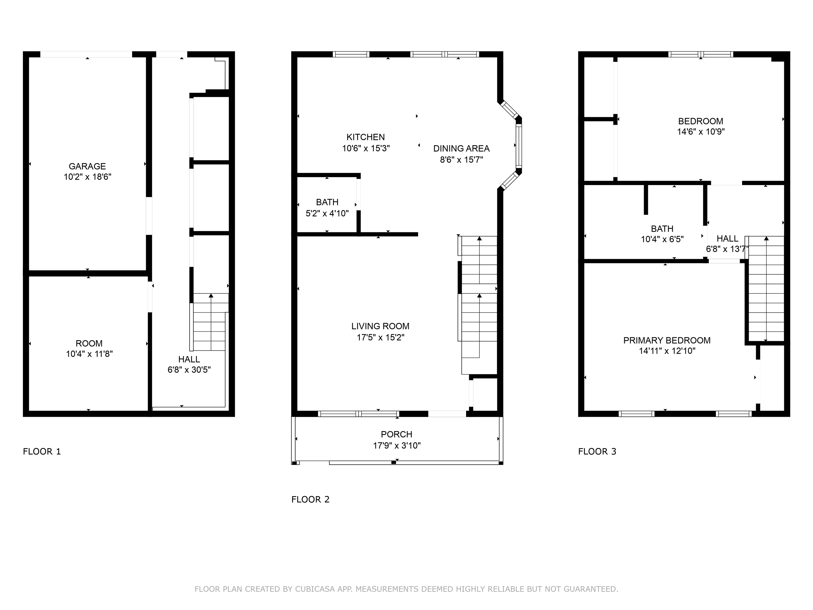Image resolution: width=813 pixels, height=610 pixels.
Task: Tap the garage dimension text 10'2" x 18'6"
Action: point(88,177)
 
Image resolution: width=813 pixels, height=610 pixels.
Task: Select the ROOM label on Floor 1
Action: point(89,343)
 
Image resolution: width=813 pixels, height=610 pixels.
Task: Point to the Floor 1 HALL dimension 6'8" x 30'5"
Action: point(189,370)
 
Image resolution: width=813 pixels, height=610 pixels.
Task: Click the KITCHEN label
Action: point(366,137)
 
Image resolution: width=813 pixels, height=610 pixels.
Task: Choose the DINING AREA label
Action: point(461,149)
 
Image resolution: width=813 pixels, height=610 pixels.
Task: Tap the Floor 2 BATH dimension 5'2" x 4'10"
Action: point(327,213)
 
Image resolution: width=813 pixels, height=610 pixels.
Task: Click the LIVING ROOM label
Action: point(380,326)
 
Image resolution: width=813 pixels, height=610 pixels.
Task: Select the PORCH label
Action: point(397,434)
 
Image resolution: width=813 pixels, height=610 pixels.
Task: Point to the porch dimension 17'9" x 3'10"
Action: point(397,446)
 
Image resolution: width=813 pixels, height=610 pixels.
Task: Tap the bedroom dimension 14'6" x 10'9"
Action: point(701,132)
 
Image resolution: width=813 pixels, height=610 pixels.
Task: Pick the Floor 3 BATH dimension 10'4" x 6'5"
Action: point(662,239)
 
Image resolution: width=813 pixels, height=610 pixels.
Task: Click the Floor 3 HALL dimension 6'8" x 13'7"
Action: point(727,249)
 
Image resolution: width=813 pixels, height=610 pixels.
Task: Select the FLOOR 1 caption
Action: point(42,451)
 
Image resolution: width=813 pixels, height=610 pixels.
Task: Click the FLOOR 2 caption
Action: point(311,499)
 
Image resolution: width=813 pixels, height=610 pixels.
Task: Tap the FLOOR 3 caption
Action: point(597,451)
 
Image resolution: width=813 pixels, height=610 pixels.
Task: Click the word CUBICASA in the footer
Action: point(315,589)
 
